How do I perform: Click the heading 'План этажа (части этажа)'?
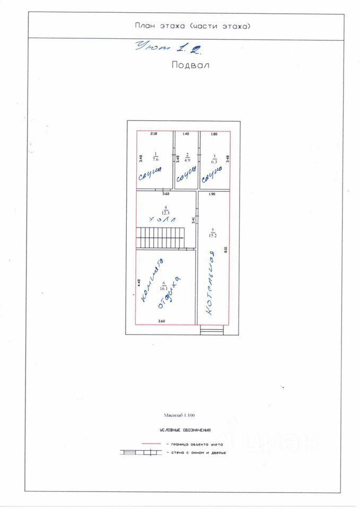click(192, 26)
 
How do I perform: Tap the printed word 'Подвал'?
click(190, 66)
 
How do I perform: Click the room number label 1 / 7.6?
click(155, 156)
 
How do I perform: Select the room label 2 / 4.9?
click(187, 156)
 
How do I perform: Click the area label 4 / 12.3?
click(166, 209)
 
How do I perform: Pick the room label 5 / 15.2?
click(213, 232)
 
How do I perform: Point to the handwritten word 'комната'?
click(152, 281)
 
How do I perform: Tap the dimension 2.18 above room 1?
click(154, 134)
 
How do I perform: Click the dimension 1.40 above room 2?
click(186, 134)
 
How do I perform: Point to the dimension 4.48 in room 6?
click(139, 283)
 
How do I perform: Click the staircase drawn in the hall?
click(161, 237)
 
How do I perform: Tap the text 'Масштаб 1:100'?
click(180, 416)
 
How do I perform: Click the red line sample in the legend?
click(151, 443)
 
